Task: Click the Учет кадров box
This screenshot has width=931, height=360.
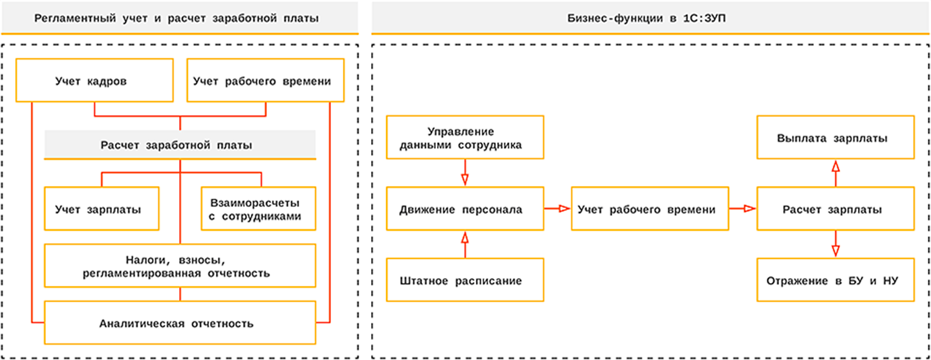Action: pos(94,81)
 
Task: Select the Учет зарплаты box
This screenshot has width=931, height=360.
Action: pos(102,209)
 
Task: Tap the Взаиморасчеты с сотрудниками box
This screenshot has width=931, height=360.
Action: pos(258,209)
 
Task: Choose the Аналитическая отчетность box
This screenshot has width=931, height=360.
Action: pos(179,323)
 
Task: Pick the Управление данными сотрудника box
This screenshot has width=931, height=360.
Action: pos(465,138)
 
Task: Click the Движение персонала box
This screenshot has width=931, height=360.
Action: pos(465,209)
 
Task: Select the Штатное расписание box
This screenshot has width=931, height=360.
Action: pos(465,281)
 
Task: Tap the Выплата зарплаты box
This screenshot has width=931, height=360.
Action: pos(835,138)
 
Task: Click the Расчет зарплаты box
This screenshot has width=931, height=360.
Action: pos(835,209)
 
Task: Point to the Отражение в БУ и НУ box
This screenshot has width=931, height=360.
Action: pos(835,281)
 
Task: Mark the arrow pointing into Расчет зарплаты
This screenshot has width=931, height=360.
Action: pos(743,209)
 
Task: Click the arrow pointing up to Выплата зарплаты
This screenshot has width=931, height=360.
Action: pos(835,173)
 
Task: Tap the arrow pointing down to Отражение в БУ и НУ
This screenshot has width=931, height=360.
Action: pos(835,245)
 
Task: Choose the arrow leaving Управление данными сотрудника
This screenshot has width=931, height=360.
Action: pos(464,173)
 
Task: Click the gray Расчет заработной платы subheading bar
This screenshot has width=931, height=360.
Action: pos(179,145)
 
